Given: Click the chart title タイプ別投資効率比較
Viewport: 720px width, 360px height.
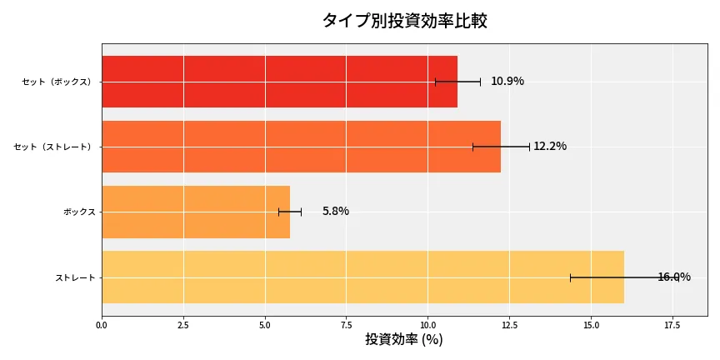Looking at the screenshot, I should tap(404, 21).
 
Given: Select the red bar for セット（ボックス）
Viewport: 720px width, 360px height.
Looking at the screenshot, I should tap(279, 82).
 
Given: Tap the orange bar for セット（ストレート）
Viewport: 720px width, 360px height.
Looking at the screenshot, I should tap(301, 147).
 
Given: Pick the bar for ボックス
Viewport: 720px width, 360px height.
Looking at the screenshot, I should tap(196, 212).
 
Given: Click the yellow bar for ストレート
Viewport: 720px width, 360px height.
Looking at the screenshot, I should tap(362, 277).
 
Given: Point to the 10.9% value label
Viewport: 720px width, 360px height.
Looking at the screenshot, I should tap(507, 82).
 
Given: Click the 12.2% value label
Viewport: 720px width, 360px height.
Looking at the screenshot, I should tap(550, 147).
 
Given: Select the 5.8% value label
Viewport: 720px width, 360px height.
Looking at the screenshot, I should tap(336, 212).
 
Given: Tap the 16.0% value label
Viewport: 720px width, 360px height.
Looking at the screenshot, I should tap(673, 277).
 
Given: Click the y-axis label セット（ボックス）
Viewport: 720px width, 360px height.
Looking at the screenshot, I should tap(57, 82).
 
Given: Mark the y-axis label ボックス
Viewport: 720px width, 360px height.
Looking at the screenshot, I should tap(79, 212).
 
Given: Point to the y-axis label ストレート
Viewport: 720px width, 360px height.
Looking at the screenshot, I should tap(75, 277).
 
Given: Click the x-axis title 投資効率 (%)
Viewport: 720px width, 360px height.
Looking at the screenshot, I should tap(404, 340).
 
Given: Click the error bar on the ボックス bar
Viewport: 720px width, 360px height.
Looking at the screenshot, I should tap(290, 212).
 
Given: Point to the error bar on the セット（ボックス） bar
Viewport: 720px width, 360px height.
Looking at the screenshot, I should tap(457, 82).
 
